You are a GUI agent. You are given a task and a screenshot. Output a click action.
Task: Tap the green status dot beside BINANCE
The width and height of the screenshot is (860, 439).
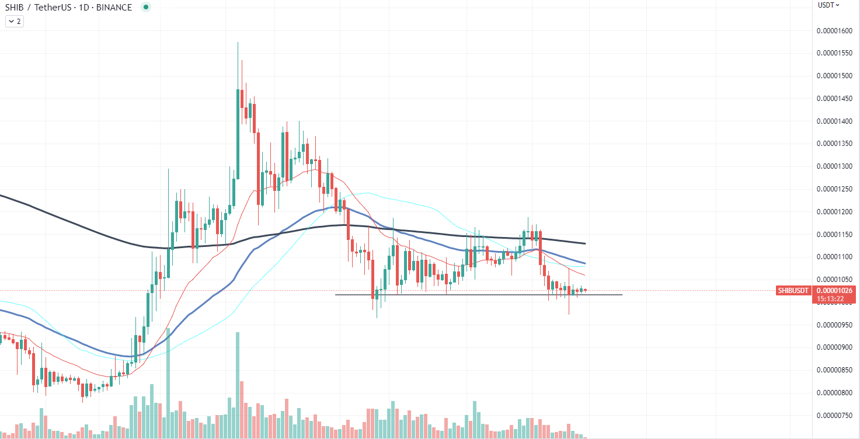click(145, 8)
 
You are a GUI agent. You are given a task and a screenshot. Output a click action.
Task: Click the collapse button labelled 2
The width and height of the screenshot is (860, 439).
click(14, 21)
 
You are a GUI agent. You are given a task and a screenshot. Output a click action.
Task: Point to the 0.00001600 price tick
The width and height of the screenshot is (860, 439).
click(837, 31)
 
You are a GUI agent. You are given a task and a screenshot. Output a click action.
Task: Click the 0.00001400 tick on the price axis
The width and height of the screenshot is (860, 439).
click(837, 121)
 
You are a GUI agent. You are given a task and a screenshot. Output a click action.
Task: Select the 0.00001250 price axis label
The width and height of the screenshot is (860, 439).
click(837, 189)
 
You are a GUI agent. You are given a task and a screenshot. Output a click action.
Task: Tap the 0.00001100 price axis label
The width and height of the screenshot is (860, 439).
click(837, 257)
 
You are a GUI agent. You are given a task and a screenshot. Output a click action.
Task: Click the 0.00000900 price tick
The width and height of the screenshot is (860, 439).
click(837, 347)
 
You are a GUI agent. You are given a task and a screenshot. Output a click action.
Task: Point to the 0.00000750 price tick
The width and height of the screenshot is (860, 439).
click(837, 415)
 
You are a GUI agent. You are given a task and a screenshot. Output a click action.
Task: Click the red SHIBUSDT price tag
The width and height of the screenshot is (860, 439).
click(793, 291)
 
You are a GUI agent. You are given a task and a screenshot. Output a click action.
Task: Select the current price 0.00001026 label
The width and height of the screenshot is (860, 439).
click(836, 290)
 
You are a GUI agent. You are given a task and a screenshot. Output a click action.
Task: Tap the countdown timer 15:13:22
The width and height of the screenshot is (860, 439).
click(830, 298)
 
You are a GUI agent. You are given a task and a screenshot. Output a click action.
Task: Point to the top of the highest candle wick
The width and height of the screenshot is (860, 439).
click(238, 43)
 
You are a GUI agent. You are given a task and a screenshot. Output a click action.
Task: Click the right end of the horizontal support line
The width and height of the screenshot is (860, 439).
click(622, 295)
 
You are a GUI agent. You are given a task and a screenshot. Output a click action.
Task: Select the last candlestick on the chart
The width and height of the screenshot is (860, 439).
click(585, 290)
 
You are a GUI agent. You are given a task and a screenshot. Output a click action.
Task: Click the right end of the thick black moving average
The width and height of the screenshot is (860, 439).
click(585, 243)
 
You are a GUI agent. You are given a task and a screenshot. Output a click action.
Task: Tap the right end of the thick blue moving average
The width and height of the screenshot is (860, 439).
click(585, 263)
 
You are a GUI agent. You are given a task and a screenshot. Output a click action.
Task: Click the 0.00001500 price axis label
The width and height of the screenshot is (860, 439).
click(837, 76)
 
